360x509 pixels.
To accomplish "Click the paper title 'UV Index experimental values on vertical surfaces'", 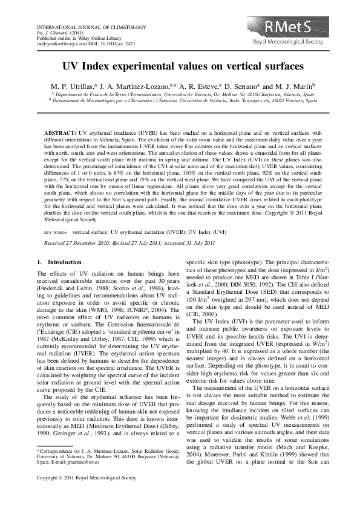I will pyautogui.click(x=180, y=67).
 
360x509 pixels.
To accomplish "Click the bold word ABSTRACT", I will pyautogui.click(x=61, y=131).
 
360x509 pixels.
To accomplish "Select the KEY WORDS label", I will pyautogui.click(x=56, y=232).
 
